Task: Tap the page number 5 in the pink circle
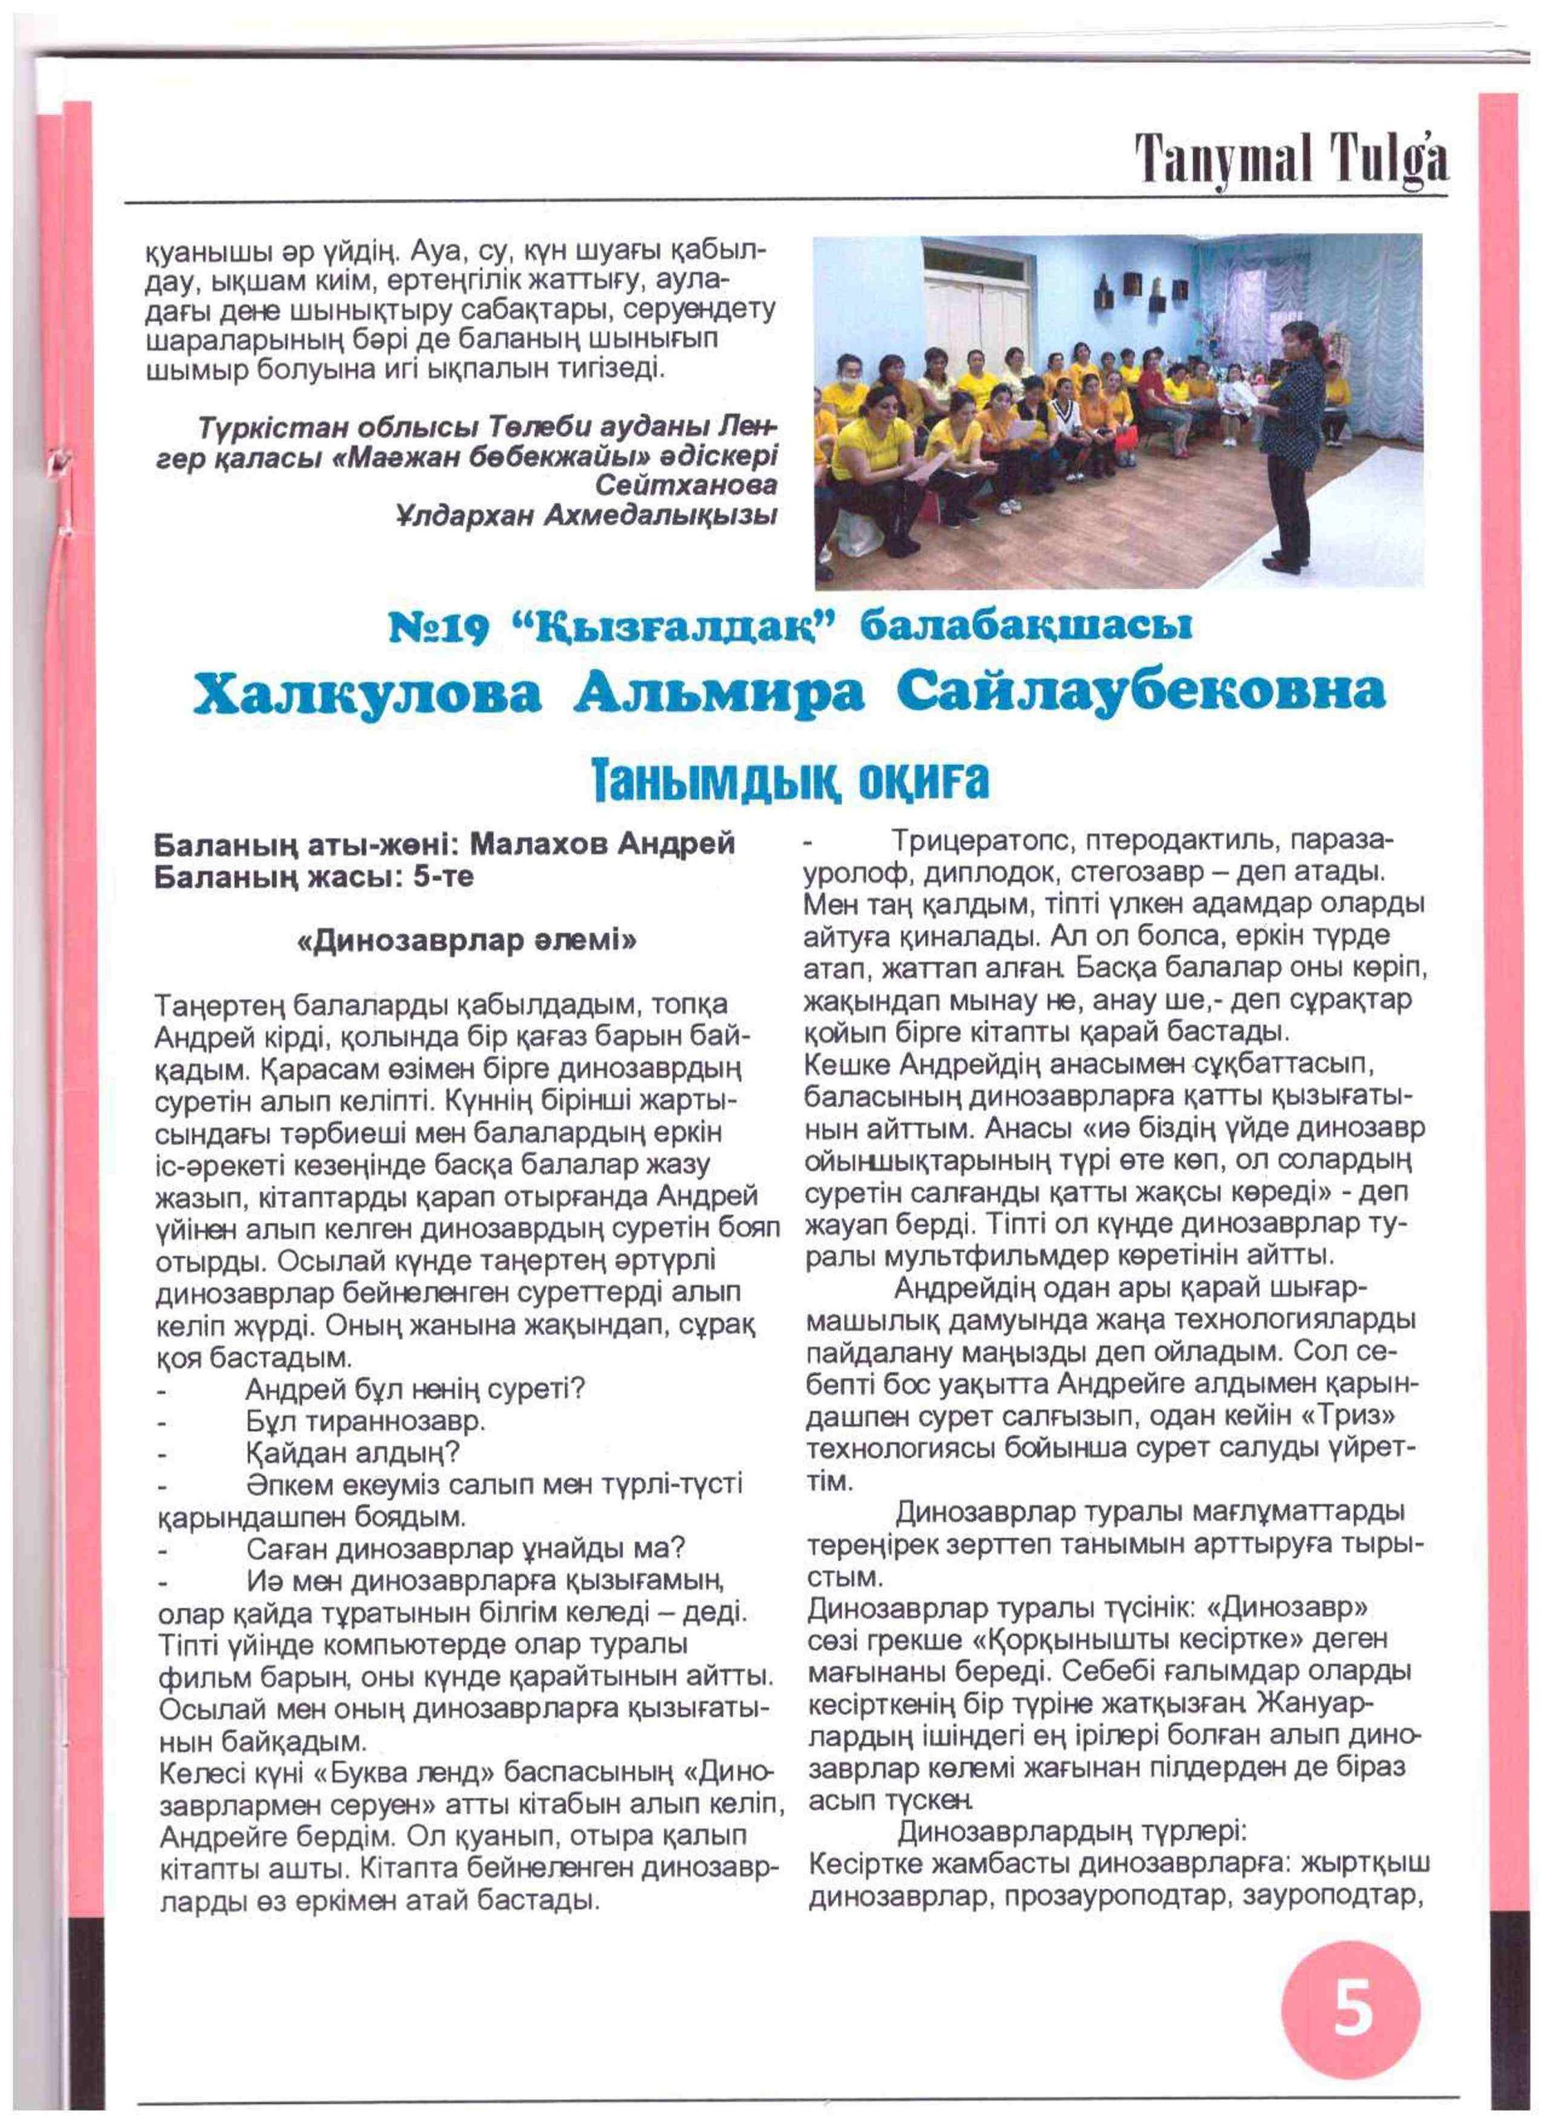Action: tap(1352, 2005)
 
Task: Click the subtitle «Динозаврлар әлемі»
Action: tap(465, 940)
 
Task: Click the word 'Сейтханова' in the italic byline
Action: tap(685, 485)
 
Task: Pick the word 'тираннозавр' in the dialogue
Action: tap(393, 1420)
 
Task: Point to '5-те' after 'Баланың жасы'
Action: tap(443, 878)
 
